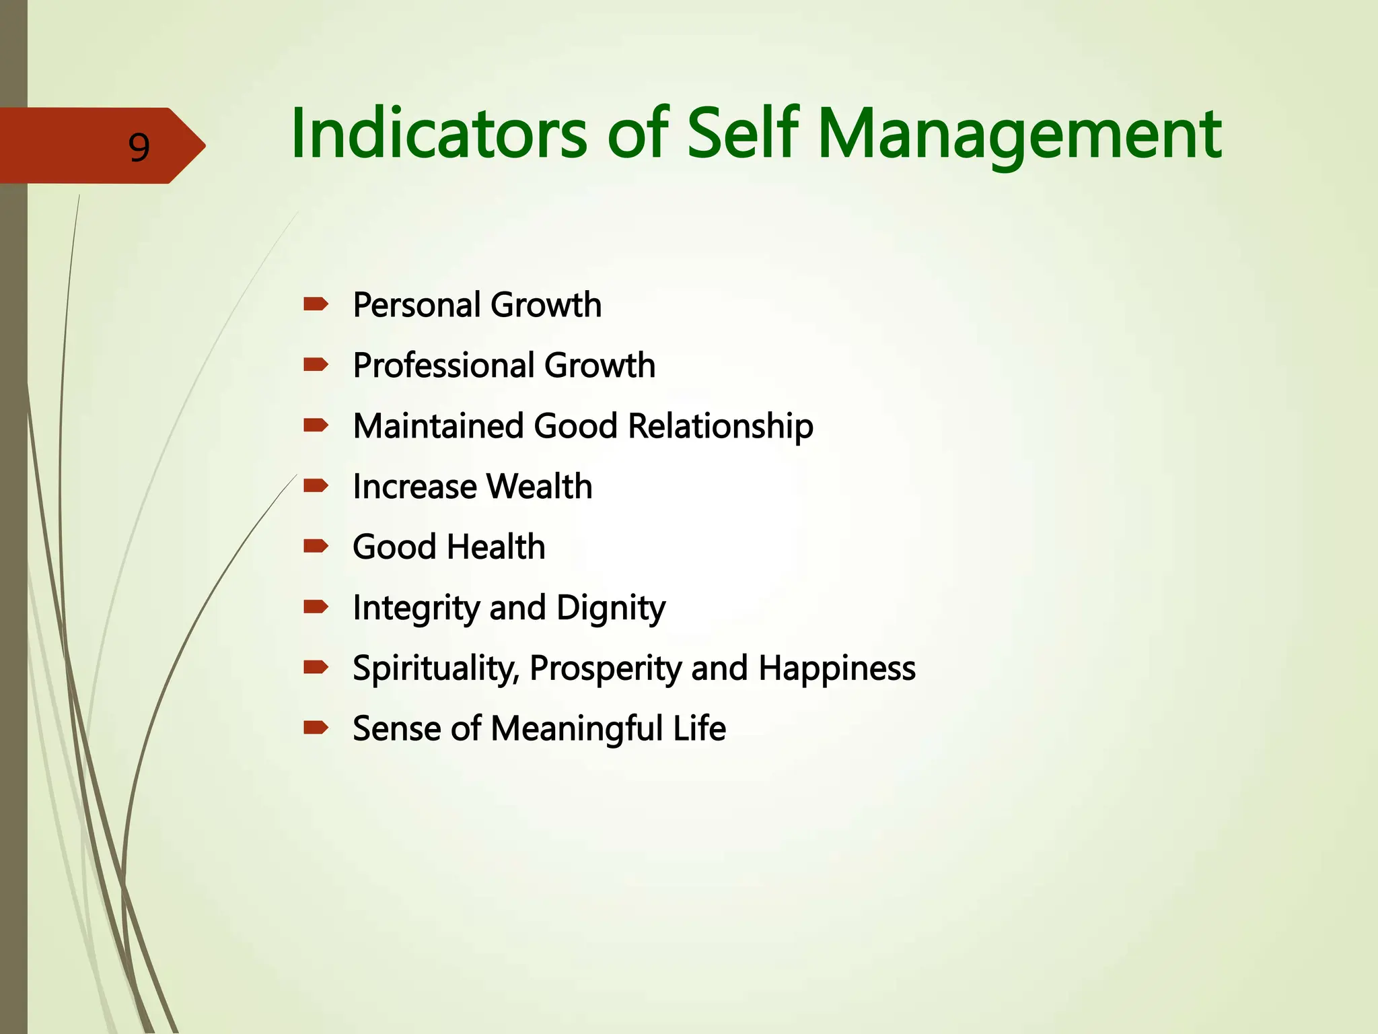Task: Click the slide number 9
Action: [139, 147]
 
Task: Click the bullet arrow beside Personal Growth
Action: [316, 304]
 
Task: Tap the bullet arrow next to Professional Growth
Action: [316, 365]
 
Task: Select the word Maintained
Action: [438, 426]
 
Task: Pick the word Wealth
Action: [539, 487]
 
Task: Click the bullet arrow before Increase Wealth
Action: [316, 485]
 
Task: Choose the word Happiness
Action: [837, 669]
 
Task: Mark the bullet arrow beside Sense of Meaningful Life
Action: [316, 727]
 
